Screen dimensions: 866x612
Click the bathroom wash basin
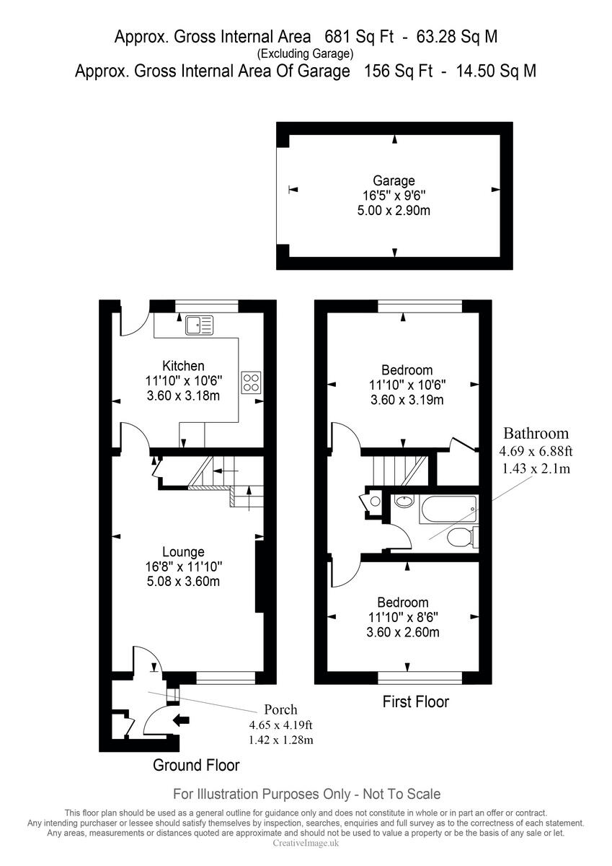coord(404,502)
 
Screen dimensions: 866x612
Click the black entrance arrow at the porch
coord(181,719)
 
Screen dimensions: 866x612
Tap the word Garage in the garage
coord(394,180)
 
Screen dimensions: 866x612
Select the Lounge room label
coord(183,552)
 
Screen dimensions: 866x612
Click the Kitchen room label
coord(183,366)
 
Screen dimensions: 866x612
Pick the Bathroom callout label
coord(536,434)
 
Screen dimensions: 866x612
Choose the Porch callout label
coord(280,709)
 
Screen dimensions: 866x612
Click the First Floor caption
coord(416,701)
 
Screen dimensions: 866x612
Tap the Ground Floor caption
coord(196,765)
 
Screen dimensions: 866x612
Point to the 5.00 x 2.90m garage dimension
coord(394,211)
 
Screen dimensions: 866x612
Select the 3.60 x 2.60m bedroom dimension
coord(404,632)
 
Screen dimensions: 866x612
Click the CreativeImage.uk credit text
coord(306,843)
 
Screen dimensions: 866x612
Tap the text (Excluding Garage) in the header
coord(306,53)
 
